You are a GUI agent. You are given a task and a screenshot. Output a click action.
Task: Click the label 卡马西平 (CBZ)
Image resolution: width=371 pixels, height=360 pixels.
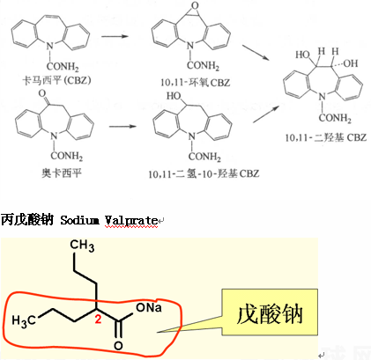tap(56, 80)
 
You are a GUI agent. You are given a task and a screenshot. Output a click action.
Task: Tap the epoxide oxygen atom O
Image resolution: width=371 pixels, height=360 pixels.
tap(195, 5)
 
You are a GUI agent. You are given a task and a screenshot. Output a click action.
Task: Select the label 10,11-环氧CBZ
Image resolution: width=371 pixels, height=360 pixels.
tap(196, 82)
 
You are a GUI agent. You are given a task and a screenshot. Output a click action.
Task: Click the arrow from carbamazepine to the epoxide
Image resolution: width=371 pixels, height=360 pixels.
tap(115, 36)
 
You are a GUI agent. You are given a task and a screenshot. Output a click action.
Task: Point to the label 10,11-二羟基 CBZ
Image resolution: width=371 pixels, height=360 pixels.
tap(326, 137)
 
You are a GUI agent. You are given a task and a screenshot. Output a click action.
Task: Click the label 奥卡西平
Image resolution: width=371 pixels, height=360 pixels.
tap(62, 173)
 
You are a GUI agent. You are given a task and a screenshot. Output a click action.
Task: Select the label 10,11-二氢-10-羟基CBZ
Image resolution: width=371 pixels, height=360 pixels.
tap(204, 173)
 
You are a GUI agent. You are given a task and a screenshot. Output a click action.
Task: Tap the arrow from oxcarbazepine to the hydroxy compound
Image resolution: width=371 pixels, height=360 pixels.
tap(122, 127)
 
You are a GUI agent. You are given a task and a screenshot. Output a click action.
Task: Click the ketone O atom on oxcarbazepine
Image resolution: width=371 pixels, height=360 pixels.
tap(42, 93)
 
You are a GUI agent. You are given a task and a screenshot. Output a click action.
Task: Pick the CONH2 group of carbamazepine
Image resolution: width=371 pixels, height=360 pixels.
tap(63, 66)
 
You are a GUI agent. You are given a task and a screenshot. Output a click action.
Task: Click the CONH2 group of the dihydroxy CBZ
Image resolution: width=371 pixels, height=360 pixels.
tap(335, 118)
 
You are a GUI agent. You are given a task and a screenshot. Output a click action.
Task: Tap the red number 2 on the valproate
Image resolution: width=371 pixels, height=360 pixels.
tap(98, 319)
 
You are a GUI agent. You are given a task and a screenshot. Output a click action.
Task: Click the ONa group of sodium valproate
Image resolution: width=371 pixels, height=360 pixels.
tap(149, 307)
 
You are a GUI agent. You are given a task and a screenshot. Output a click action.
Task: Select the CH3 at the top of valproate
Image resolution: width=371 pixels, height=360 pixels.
tap(82, 246)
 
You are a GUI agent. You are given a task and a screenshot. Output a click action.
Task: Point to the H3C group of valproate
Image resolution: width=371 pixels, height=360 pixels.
tap(24, 320)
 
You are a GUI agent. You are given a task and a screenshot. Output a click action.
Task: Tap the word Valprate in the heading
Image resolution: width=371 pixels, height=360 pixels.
tap(131, 220)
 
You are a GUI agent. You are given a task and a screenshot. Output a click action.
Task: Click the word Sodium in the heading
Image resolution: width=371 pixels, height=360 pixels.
tap(79, 220)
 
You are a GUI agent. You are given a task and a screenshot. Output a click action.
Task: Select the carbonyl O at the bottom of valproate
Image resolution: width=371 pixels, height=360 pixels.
tap(118, 346)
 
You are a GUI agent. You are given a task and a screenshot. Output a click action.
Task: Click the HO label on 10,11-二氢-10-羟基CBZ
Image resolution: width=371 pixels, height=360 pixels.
tap(174, 95)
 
